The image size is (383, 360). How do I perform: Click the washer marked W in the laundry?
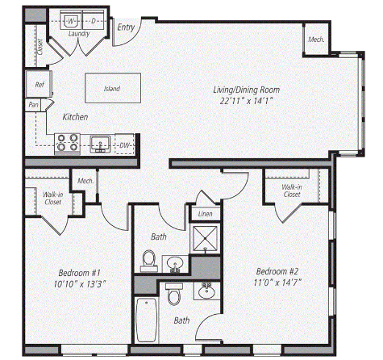[x=71, y=20]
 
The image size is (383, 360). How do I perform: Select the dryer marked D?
[x=93, y=20]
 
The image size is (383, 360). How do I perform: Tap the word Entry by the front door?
[x=126, y=27]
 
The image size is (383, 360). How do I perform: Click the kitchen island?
[x=113, y=88]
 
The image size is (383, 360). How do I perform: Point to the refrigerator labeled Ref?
[x=39, y=84]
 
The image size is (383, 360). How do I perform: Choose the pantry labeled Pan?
[x=33, y=105]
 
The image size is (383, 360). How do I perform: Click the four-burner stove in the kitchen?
[x=67, y=144]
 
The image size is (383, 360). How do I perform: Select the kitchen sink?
[x=100, y=144]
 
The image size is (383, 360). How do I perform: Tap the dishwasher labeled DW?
[x=124, y=144]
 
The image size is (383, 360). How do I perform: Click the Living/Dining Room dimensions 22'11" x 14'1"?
[x=247, y=101]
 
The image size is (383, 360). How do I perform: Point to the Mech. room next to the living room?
[x=316, y=40]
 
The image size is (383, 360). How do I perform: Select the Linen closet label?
[x=205, y=214]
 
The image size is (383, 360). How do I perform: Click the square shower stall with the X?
[x=206, y=239]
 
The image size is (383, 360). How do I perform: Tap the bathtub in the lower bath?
[x=147, y=320]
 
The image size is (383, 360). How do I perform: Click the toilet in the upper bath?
[x=149, y=261]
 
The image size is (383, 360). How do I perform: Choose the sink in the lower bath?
[x=206, y=291]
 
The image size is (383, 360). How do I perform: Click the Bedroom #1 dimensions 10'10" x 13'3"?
[x=80, y=284]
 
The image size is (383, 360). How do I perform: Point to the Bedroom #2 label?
[x=277, y=271]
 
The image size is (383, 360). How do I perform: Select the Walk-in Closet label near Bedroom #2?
[x=292, y=190]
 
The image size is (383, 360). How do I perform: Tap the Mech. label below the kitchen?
[x=85, y=181]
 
